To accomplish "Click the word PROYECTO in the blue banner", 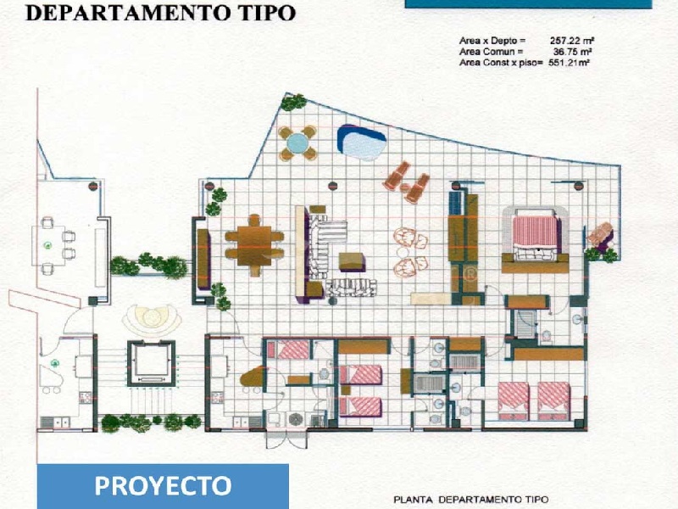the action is (163, 485).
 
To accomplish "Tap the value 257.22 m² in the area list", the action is (571, 41).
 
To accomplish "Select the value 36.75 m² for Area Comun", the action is (572, 52).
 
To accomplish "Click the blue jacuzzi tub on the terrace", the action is (362, 143).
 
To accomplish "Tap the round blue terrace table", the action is (297, 143).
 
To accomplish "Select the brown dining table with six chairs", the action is (254, 245).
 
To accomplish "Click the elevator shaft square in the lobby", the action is (151, 363).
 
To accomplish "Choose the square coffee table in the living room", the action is (352, 262).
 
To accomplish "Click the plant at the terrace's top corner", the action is (293, 103).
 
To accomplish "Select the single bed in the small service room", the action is (288, 350).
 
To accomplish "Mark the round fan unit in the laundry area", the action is (296, 419).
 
